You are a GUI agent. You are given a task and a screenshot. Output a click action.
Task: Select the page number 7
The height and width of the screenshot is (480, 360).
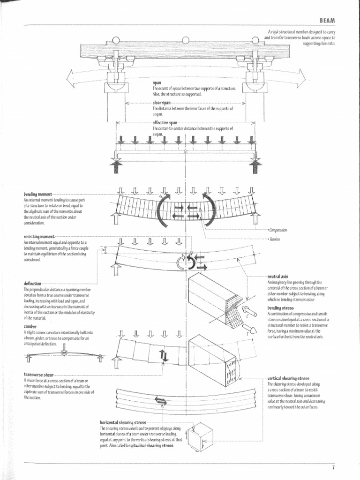pyautogui.click(x=333, y=467)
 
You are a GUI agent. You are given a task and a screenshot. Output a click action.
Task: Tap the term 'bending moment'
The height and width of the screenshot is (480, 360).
pyautogui.click(x=37, y=194)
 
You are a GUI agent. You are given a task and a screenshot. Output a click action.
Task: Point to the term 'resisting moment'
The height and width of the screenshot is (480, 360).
pyautogui.click(x=39, y=237)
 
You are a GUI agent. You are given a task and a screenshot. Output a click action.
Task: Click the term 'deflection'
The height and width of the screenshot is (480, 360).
pyautogui.click(x=32, y=284)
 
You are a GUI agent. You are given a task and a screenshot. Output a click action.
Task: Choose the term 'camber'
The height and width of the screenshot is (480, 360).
pyautogui.click(x=30, y=326)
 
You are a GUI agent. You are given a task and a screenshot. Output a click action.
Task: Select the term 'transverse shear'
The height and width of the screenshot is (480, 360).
pyautogui.click(x=39, y=375)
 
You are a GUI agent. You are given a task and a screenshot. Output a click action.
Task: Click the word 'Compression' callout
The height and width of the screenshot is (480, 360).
pyautogui.click(x=278, y=230)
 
